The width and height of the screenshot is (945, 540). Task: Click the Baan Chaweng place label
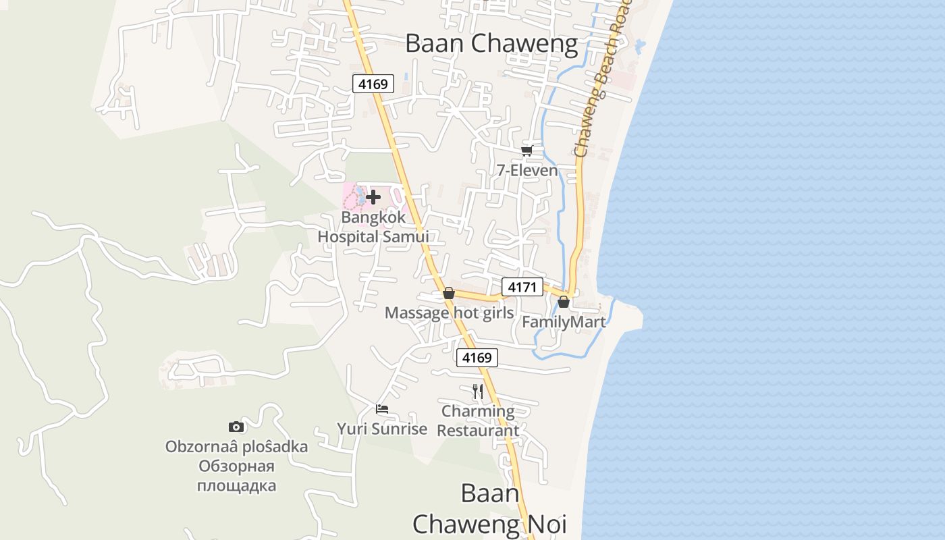491,44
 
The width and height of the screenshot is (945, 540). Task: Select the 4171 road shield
522,288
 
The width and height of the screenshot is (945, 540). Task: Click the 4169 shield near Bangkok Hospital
373,84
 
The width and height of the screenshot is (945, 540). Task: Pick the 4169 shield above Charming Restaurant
477,358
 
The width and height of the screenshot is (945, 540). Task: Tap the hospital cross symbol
373,197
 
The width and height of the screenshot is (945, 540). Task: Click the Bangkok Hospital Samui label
373,227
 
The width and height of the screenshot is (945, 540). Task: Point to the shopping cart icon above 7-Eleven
527,151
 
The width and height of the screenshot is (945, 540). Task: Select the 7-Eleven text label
528,170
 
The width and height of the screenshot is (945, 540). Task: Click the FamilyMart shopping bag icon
564,302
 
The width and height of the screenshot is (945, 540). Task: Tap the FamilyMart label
564,322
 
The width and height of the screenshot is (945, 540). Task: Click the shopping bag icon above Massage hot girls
449,293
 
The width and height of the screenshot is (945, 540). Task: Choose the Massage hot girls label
449,313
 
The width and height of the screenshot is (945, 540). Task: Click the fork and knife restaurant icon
478,391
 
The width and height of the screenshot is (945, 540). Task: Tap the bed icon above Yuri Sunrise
382,409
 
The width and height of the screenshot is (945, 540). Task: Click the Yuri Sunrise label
382,429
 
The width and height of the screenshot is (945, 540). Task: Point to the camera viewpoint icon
236,427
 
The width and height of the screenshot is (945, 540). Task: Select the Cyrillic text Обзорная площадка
236,476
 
